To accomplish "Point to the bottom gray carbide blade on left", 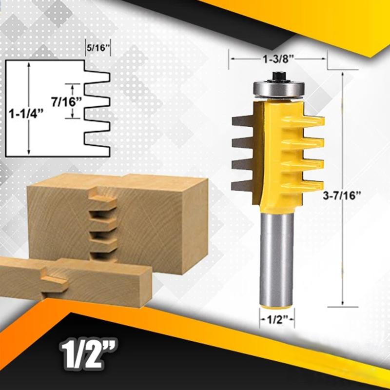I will [242, 184].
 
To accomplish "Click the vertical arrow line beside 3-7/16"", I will [343, 146].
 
